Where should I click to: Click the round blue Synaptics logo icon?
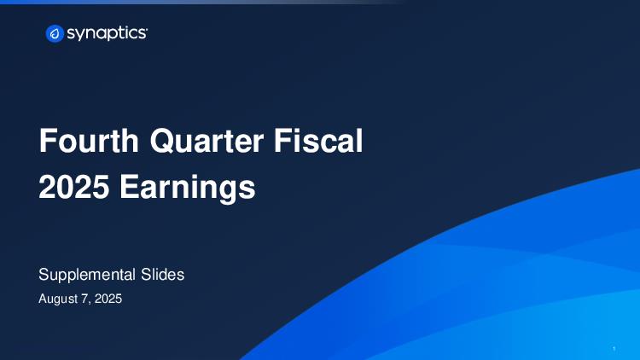tap(55, 33)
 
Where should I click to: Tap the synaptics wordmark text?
tap(107, 34)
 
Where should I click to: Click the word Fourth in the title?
tap(89, 141)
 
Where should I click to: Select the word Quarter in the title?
tap(207, 142)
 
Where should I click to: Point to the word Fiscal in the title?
tap(318, 141)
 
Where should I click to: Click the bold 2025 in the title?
tap(74, 187)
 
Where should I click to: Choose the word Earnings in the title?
tap(188, 189)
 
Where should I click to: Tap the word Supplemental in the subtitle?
tap(87, 275)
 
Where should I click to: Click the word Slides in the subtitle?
tap(162, 275)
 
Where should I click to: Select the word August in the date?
tap(58, 299)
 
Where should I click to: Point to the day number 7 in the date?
tap(84, 299)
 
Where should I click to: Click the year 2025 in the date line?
tap(108, 299)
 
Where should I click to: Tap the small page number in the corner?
tap(614, 349)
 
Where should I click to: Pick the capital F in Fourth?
tap(47, 141)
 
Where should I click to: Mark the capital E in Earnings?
tap(128, 187)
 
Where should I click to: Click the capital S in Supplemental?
tap(44, 275)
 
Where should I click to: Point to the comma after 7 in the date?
tap(90, 303)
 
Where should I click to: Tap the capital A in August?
tap(44, 299)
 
